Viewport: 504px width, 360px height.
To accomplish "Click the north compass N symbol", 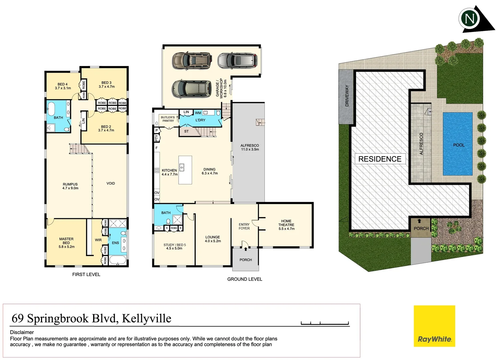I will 470,19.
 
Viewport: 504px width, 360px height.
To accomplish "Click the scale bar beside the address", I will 325,323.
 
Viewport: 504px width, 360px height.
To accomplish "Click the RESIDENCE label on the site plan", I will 380,159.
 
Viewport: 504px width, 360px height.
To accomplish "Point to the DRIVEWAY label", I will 347,96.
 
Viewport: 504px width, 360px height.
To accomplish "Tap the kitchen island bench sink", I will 182,167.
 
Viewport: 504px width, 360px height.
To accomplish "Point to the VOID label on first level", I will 111,183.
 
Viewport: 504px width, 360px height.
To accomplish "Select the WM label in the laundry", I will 198,113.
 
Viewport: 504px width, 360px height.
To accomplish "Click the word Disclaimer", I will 22,332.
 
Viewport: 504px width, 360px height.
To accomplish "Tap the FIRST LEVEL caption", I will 86,274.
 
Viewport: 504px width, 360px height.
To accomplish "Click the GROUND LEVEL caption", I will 245,279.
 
